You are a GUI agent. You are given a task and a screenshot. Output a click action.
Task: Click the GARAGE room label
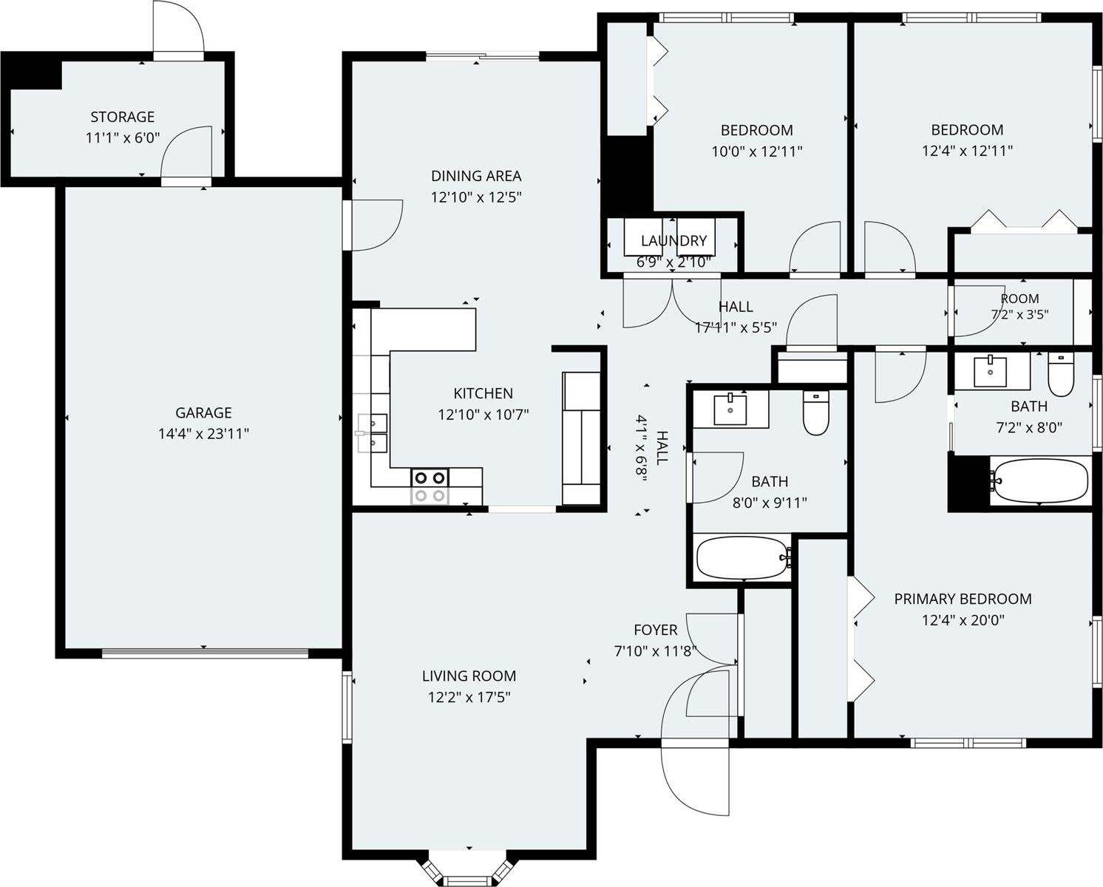(x=203, y=412)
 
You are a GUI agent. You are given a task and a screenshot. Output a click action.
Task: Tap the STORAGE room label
(x=123, y=117)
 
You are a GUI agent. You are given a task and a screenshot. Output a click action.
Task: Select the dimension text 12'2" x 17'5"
(x=469, y=697)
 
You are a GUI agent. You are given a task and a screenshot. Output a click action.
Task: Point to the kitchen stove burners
(x=430, y=486)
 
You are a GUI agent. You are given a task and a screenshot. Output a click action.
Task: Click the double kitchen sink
(x=372, y=433)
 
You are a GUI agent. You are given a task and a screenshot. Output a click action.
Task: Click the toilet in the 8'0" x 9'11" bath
(x=816, y=413)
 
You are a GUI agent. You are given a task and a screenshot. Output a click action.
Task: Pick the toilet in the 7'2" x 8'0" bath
(x=1060, y=375)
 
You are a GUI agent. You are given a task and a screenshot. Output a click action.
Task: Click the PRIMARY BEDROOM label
(x=963, y=599)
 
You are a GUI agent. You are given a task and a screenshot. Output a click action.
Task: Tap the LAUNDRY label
(x=673, y=240)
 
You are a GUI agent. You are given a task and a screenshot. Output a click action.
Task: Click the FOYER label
(x=656, y=630)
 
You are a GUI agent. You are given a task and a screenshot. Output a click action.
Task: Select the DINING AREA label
(x=476, y=176)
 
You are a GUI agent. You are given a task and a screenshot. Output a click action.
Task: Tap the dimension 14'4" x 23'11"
(x=203, y=434)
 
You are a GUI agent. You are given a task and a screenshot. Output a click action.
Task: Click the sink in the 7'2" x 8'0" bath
(x=990, y=371)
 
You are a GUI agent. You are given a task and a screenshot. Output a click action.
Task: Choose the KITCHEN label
(x=483, y=393)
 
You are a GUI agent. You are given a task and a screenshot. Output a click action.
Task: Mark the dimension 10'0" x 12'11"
(x=756, y=152)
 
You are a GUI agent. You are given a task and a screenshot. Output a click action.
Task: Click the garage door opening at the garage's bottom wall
(x=205, y=653)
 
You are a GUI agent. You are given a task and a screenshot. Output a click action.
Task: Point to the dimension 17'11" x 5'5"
(x=736, y=327)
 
